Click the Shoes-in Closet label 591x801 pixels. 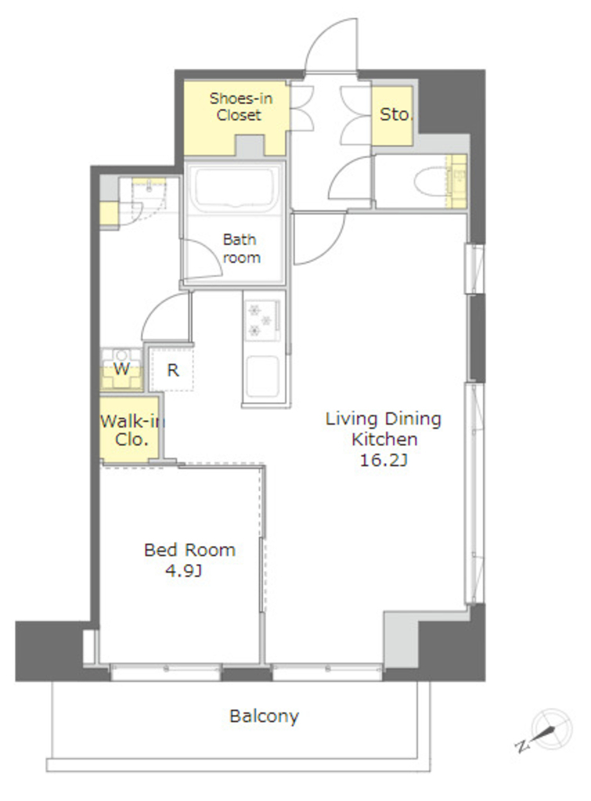point(240,106)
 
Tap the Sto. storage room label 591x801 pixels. point(395,114)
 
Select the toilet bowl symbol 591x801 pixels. point(431,181)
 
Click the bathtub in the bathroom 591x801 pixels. point(234,189)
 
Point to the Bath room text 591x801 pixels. point(241,248)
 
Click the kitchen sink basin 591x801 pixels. point(262,375)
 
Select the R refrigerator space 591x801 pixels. point(172,369)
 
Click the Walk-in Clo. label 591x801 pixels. point(132,430)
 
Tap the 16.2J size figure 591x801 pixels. point(384,460)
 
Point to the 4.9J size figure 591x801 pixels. point(183,570)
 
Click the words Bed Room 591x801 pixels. point(189,550)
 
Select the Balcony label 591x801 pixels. point(264,717)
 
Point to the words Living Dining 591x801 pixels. point(384,419)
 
